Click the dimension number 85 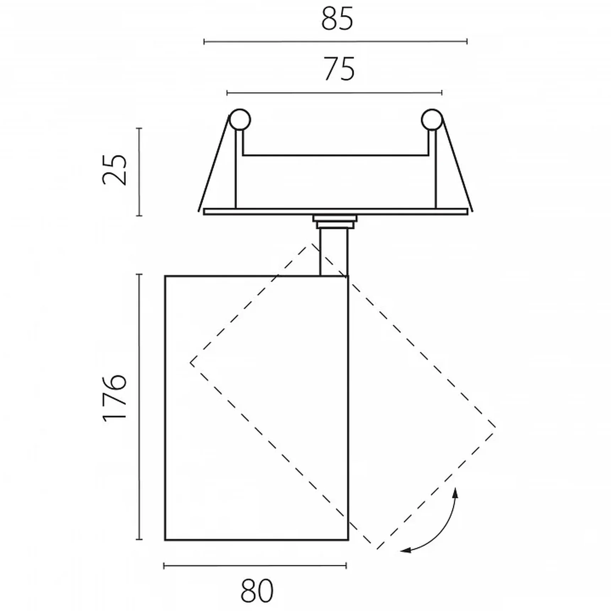tap(337, 18)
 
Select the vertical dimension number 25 tap(114, 170)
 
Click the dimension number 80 tap(257, 590)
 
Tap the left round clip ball tap(240, 120)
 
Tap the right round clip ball tap(432, 120)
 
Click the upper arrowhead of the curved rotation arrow tap(456, 493)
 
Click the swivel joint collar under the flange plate tap(335, 222)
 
